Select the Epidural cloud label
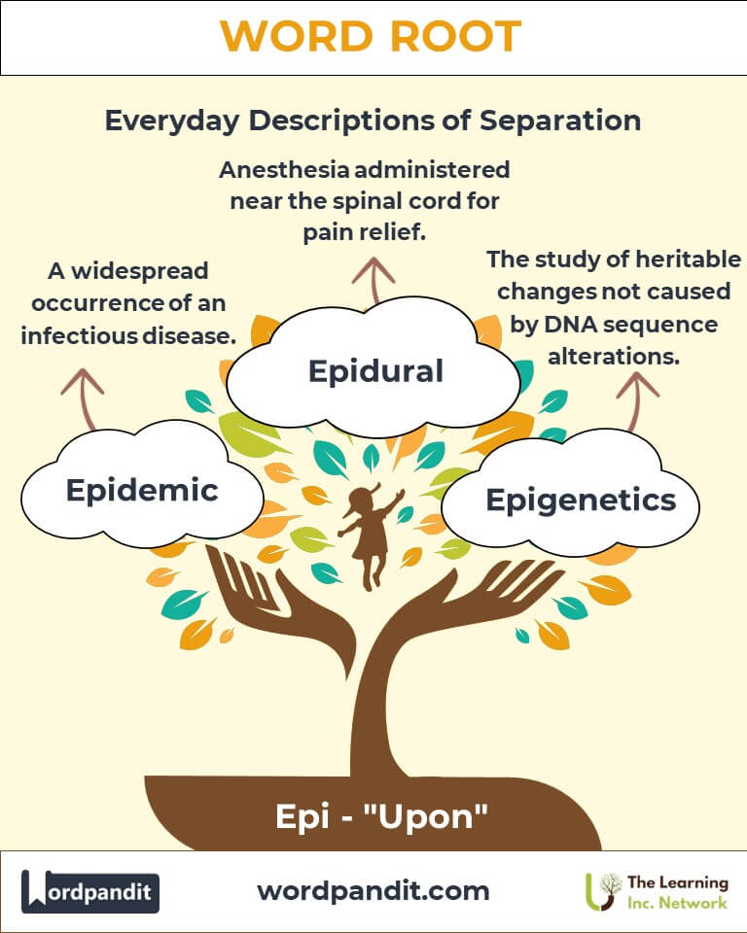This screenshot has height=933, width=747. [375, 369]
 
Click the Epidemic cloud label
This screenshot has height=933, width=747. [142, 490]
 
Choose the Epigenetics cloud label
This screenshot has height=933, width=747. [581, 500]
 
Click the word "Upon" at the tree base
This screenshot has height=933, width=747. [431, 815]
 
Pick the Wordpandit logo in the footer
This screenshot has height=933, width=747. [90, 891]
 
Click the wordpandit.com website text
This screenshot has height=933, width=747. [373, 890]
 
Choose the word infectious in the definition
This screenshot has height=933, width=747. [88, 336]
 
